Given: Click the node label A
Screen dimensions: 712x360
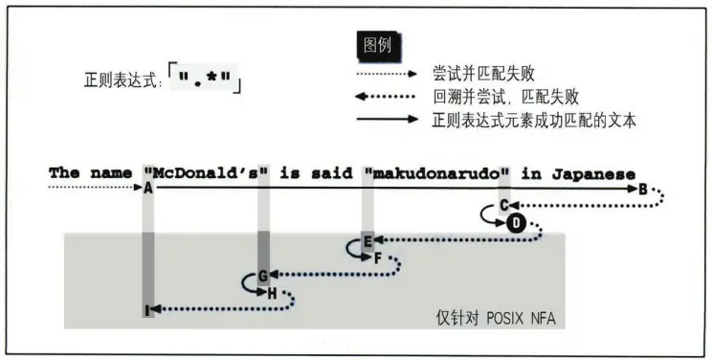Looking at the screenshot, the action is coord(148,190).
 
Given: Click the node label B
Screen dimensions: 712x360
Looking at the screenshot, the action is coord(643,190).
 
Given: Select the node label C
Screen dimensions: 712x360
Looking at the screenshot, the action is coord(503,206).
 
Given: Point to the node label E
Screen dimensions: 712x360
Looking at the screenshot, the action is coord(367,240).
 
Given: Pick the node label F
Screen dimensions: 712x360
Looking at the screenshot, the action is coord(378,258).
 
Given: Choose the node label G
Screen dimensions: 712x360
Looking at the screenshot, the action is coord(261,276).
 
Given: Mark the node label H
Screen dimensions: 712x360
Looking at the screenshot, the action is coord(272,293).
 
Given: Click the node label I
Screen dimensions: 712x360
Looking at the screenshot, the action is coord(147,309).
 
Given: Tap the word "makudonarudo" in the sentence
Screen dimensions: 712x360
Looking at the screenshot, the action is coord(436,173).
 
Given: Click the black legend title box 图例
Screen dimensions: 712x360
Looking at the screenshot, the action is coord(379,45).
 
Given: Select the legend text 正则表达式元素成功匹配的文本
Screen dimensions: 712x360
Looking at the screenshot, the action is coord(534,120).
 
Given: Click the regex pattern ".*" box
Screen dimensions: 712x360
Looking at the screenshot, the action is coord(206,78).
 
